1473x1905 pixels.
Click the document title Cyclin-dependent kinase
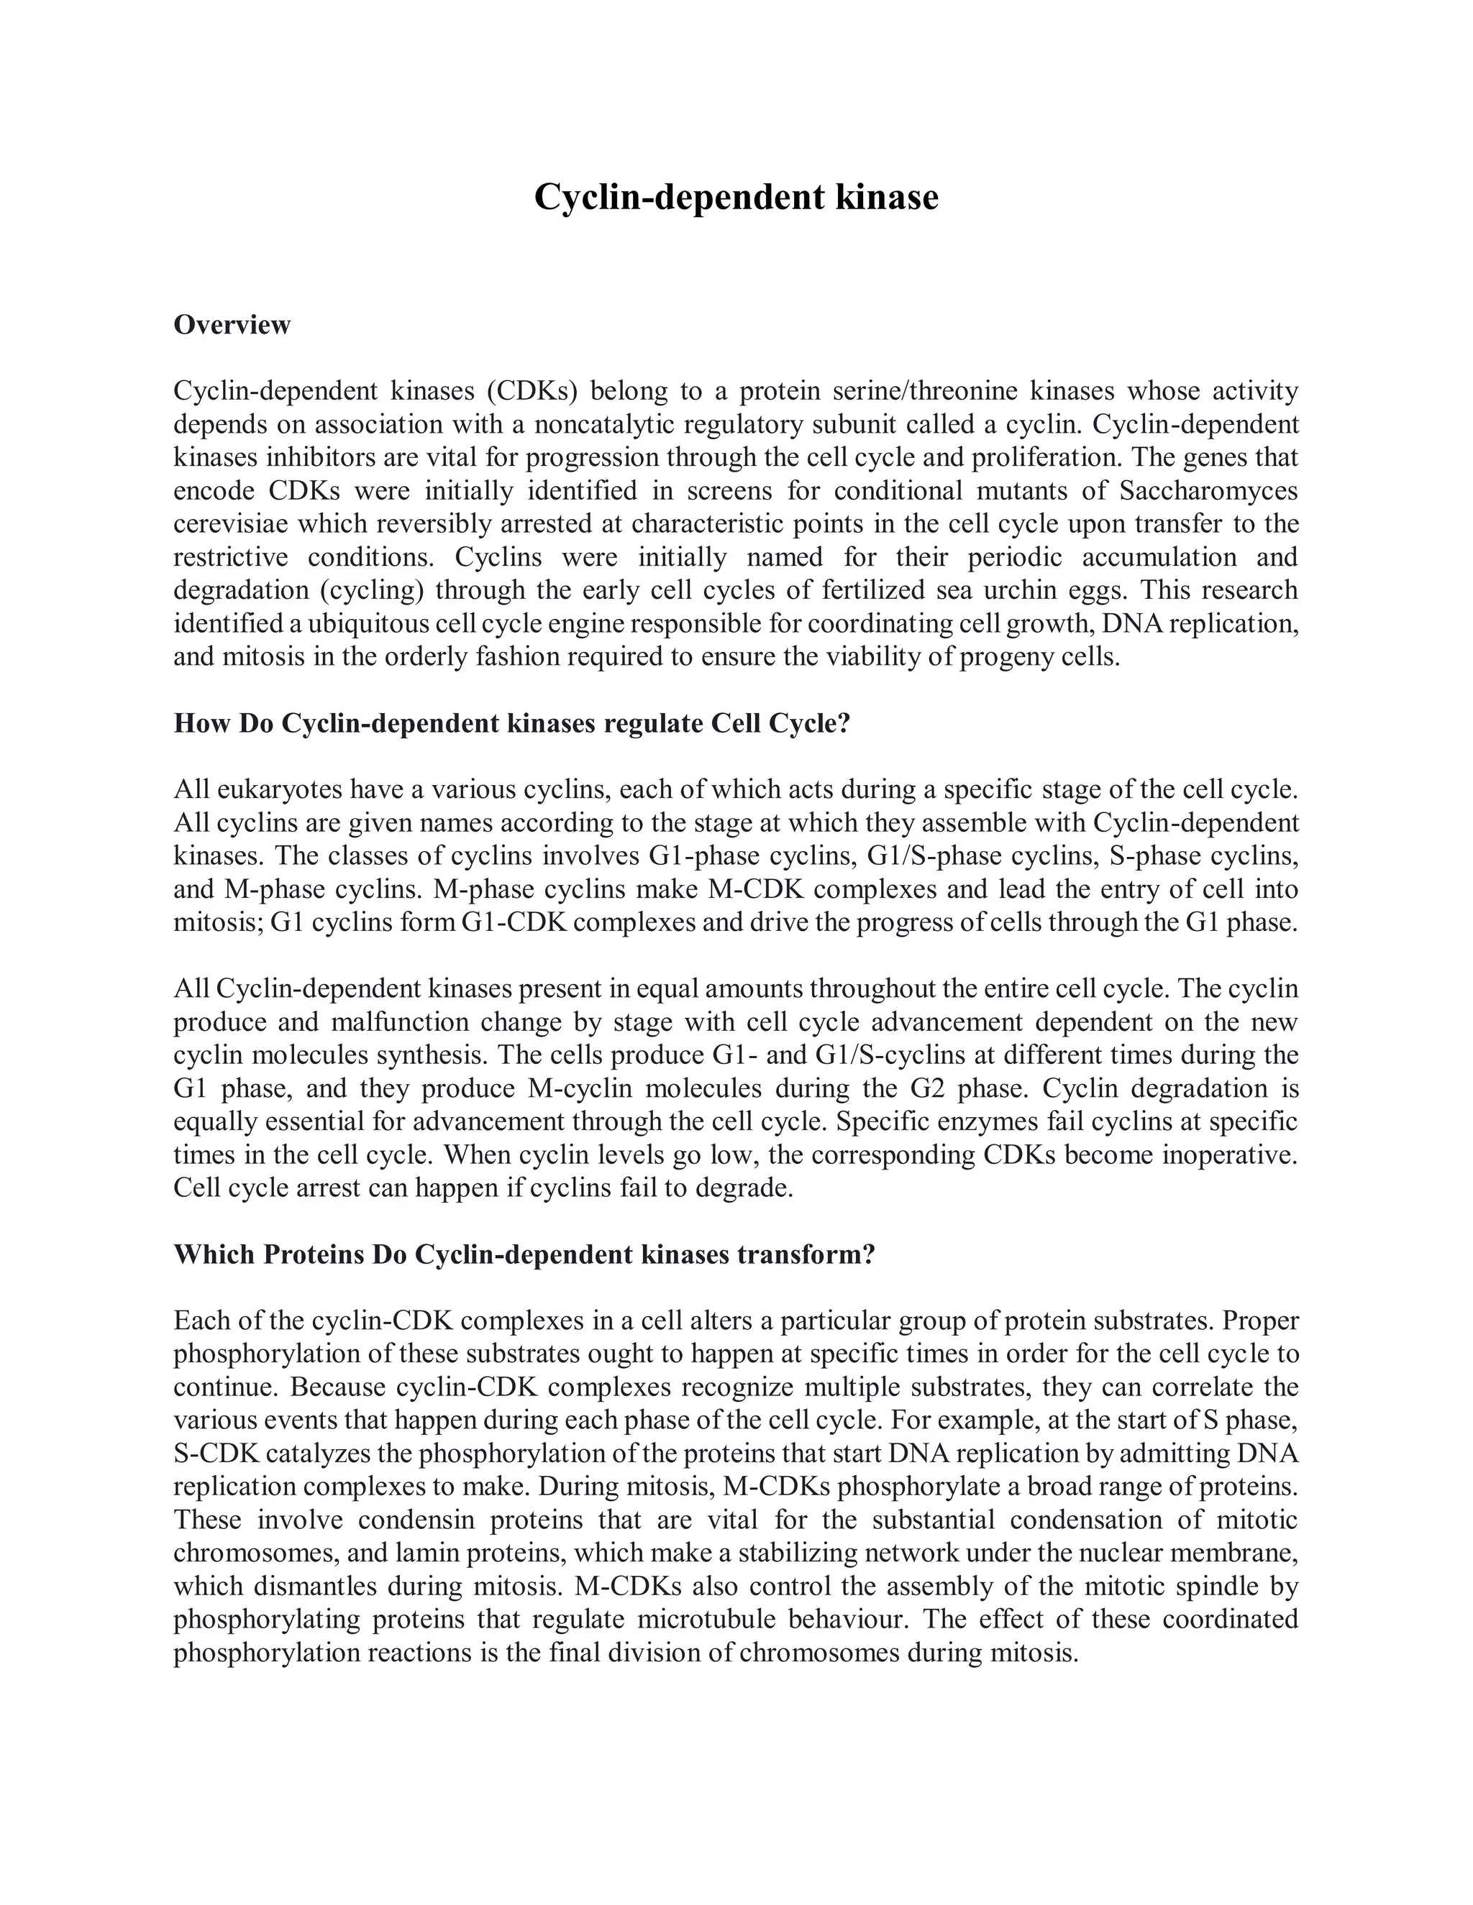pyautogui.click(x=736, y=197)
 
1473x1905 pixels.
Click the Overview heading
pyautogui.click(x=232, y=324)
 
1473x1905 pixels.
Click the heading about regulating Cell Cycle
pyautogui.click(x=511, y=723)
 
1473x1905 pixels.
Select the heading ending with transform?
pyautogui.click(x=524, y=1254)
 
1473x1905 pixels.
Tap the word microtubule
pyautogui.click(x=706, y=1619)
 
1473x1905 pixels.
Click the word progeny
pyautogui.click(x=1004, y=657)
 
